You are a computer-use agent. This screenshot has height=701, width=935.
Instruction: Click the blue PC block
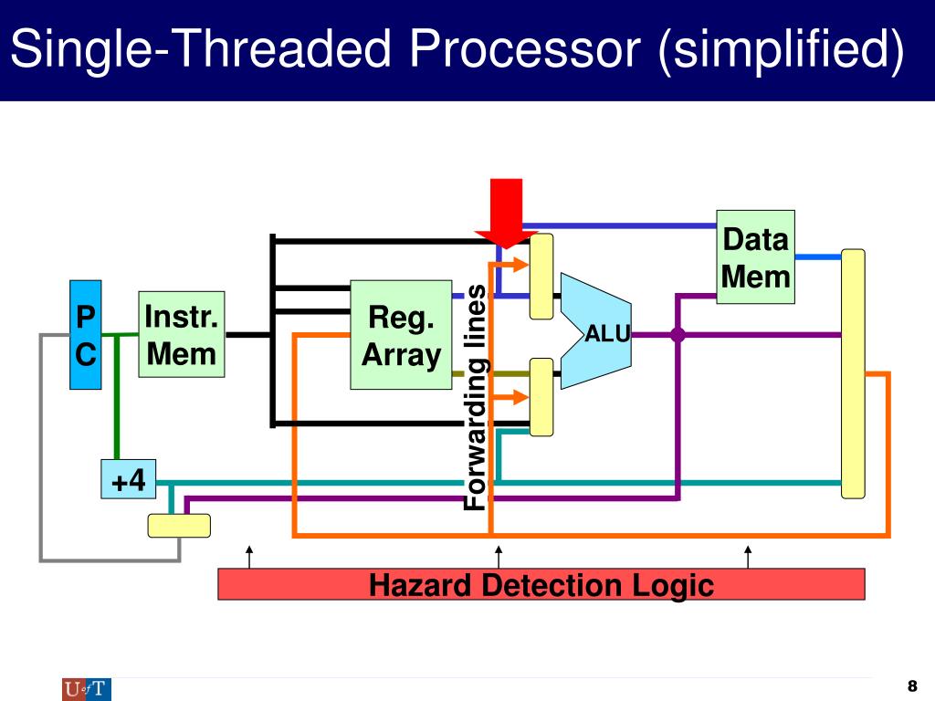coord(85,334)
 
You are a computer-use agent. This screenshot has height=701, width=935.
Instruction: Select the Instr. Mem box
coord(182,334)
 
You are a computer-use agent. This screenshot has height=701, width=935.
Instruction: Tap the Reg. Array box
coord(401,334)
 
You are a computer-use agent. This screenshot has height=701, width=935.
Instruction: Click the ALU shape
coord(595,331)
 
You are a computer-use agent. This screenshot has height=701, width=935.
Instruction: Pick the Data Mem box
coord(755,256)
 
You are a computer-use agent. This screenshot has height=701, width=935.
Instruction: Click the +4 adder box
coord(128,479)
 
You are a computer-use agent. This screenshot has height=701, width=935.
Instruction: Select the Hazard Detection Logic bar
coord(541,584)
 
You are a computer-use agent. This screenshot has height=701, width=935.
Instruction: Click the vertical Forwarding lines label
coord(477,397)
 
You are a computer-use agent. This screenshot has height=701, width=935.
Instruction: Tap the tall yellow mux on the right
coord(853,373)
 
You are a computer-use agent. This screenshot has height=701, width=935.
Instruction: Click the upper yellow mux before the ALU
coord(541,277)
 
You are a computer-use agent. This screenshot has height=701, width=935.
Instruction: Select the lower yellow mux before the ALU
coord(541,397)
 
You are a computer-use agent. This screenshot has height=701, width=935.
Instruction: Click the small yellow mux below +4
coord(179,526)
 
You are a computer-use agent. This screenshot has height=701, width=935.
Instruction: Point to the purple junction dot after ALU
coord(678,335)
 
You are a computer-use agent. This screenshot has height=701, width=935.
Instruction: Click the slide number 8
coord(912,685)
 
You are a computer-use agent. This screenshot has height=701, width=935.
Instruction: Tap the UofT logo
coord(87,690)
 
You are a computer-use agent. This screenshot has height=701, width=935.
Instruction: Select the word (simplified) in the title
coord(782,50)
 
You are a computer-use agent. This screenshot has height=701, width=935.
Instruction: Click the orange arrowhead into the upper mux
coord(520,265)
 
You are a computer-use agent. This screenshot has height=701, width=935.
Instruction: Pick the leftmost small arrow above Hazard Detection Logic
coord(249,557)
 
